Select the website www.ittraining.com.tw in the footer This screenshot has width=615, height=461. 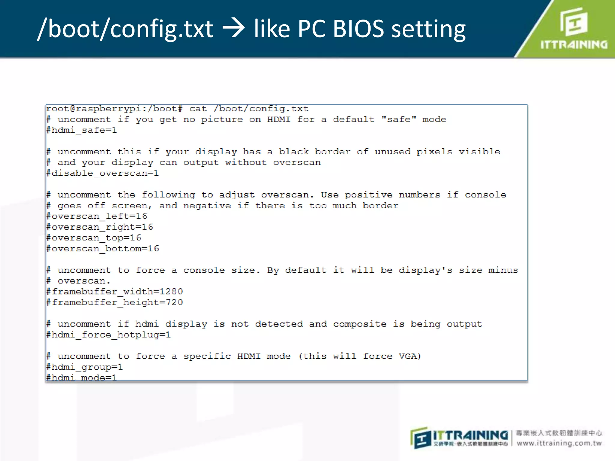pos(559,443)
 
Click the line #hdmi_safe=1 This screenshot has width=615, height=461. pos(82,130)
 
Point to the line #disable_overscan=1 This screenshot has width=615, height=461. pos(102,173)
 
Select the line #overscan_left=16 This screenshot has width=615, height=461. pos(97,216)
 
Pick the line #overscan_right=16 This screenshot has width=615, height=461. pos(100,227)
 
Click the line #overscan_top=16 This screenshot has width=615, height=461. pos(94,238)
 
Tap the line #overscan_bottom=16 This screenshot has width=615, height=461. pos(103,249)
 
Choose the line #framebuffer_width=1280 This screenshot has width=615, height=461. pos(115,292)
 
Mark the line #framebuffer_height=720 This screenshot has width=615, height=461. pos(115,303)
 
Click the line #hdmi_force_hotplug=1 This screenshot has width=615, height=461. pos(109,335)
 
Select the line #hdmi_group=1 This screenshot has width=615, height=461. pos(85,367)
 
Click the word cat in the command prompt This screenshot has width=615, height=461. pos(198,109)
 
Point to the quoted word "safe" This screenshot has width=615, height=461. pos(398,119)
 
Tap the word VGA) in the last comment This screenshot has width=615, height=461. pos(410,356)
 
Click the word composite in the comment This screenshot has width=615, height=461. pos(359,324)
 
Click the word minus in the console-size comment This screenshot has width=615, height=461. pos(503,270)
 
